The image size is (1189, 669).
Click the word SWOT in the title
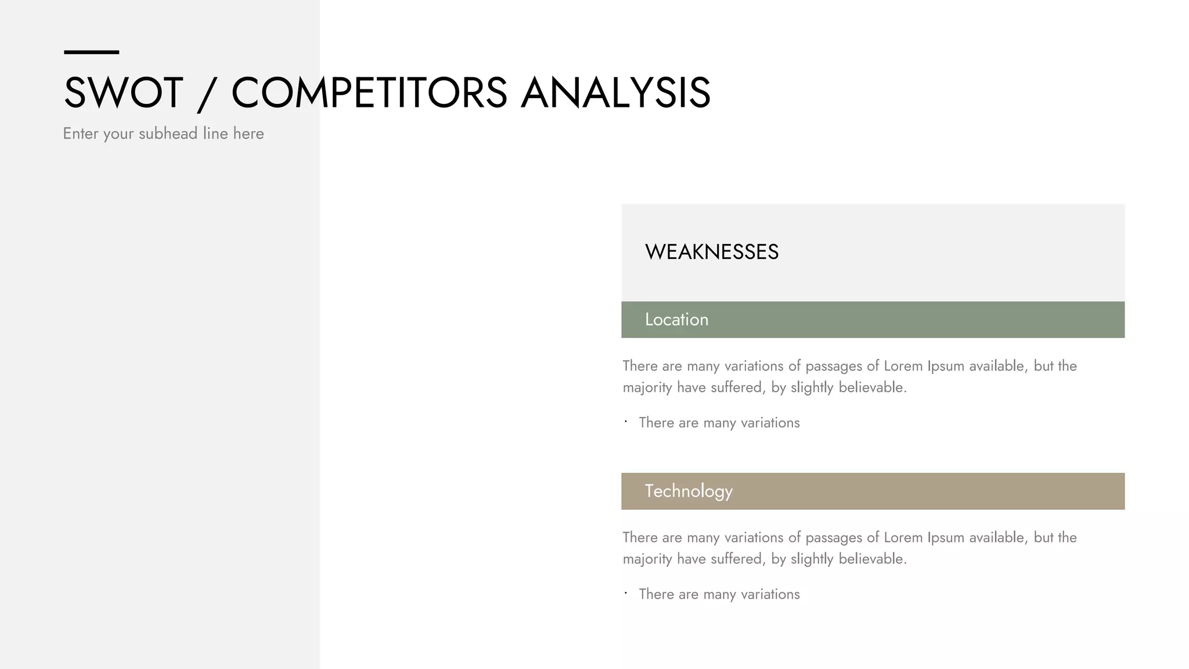[123, 93]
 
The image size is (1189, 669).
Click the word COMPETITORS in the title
[369, 93]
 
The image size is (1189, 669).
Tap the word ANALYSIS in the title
[615, 93]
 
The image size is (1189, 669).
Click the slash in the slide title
[207, 94]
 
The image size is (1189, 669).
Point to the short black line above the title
[91, 52]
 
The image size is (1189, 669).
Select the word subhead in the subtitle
[168, 134]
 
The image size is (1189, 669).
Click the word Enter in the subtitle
[80, 134]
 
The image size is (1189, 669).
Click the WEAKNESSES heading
[712, 252]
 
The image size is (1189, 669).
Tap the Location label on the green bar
[676, 319]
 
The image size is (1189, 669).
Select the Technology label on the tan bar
[689, 491]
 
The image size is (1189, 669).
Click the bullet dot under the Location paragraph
[626, 422]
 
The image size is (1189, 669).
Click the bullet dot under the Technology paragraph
[626, 593]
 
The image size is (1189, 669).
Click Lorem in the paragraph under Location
[903, 366]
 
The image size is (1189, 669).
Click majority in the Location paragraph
[647, 388]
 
